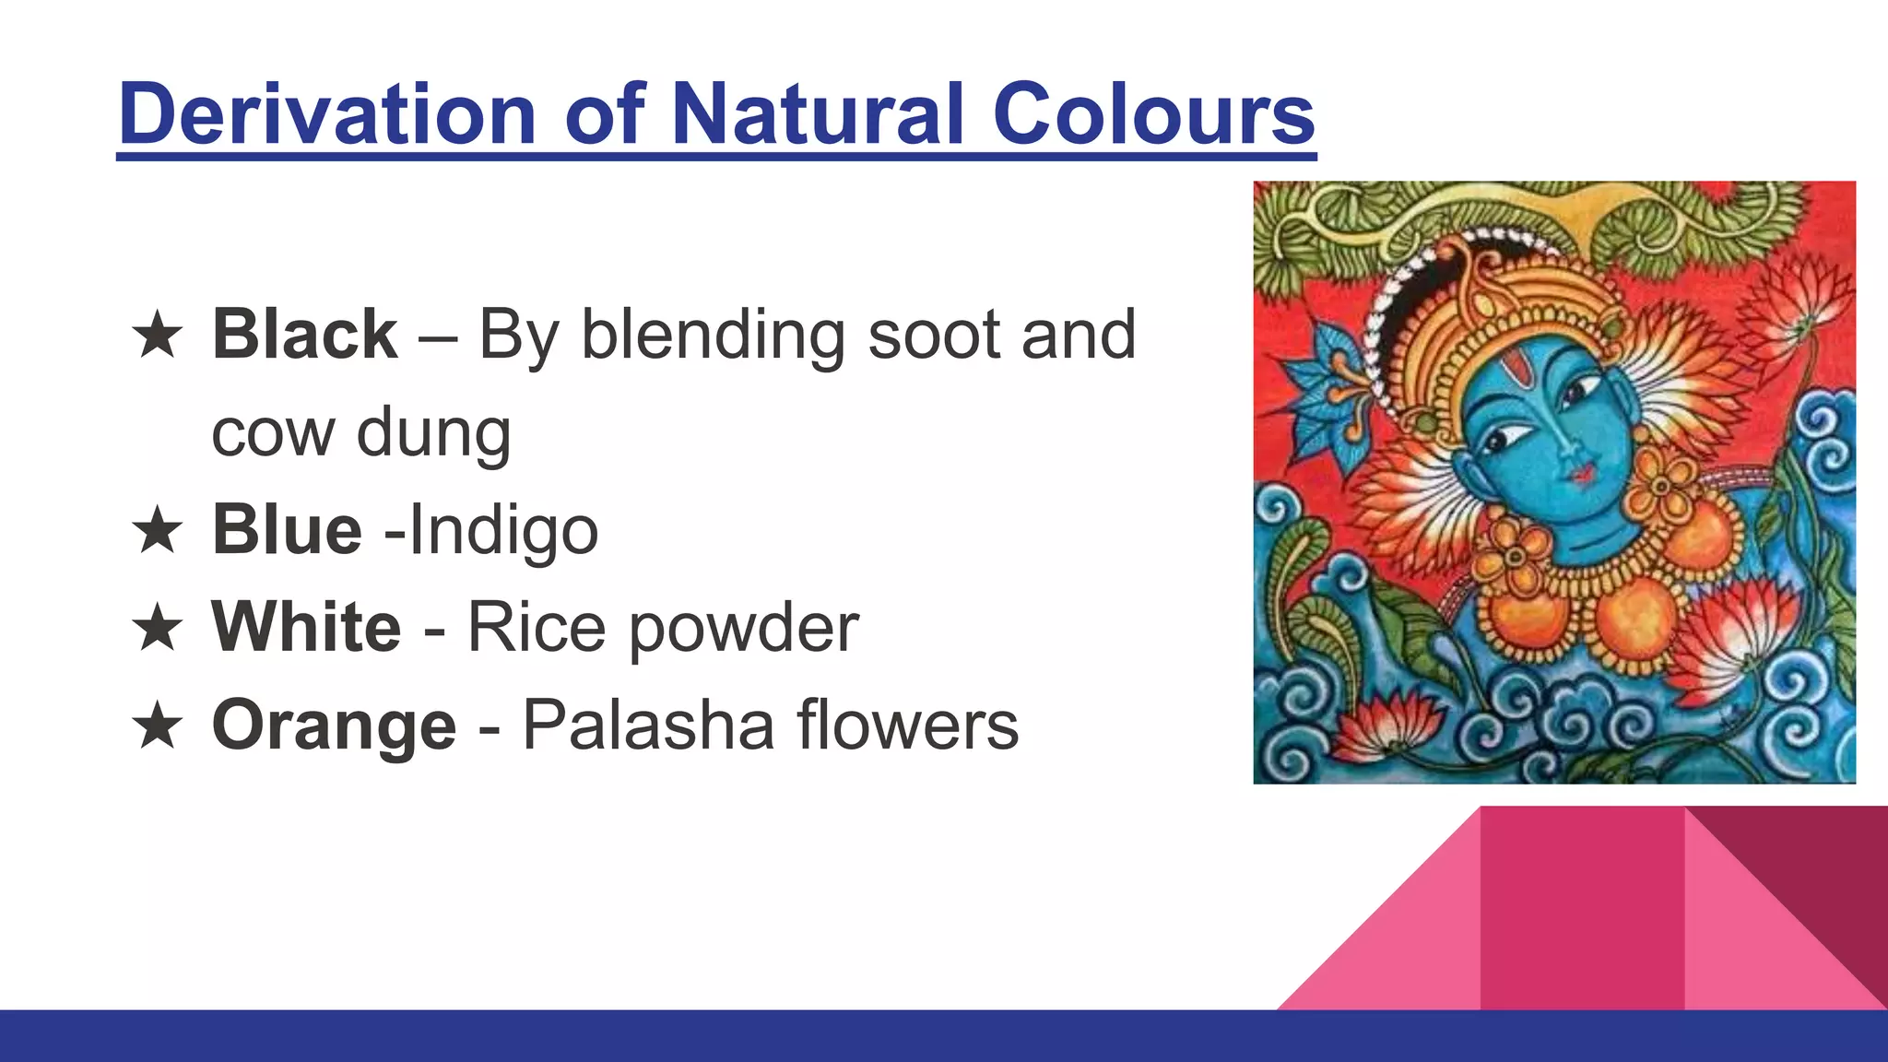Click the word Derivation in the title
click(x=327, y=114)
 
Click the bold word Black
click(x=304, y=334)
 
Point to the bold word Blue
click(x=287, y=530)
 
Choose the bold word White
click(x=306, y=628)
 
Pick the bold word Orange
click(x=334, y=726)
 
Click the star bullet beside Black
click(x=158, y=335)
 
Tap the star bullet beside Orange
click(x=158, y=726)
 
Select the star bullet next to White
click(x=158, y=628)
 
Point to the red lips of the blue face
click(x=1582, y=474)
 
